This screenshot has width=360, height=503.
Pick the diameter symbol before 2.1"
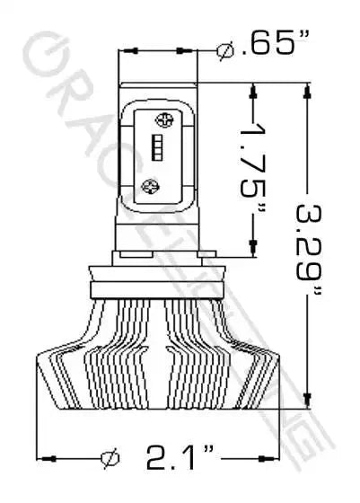[110, 459]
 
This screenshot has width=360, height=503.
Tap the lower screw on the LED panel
[152, 186]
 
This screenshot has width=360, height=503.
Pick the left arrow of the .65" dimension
[127, 50]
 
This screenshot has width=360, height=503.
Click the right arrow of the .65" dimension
[189, 50]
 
